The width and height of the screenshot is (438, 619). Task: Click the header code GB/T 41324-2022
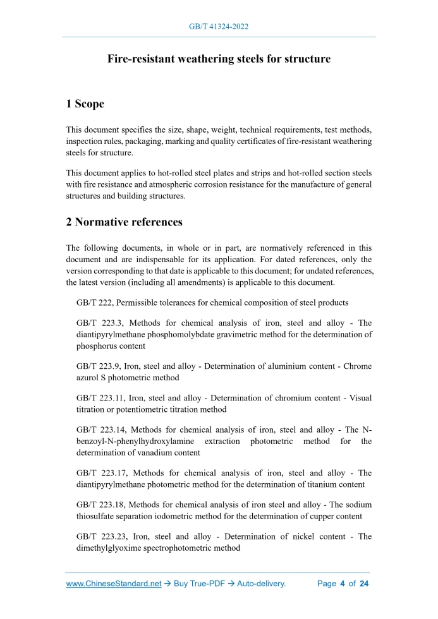click(x=219, y=27)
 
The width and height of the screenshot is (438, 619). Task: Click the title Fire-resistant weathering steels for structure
click(x=219, y=59)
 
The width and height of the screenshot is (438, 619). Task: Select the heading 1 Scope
click(x=85, y=104)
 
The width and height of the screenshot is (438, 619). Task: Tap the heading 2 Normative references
click(x=125, y=222)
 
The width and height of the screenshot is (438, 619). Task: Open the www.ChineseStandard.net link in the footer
click(x=114, y=584)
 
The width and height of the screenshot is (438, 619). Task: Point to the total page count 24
click(x=363, y=584)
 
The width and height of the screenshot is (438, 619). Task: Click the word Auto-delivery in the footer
click(x=261, y=584)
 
